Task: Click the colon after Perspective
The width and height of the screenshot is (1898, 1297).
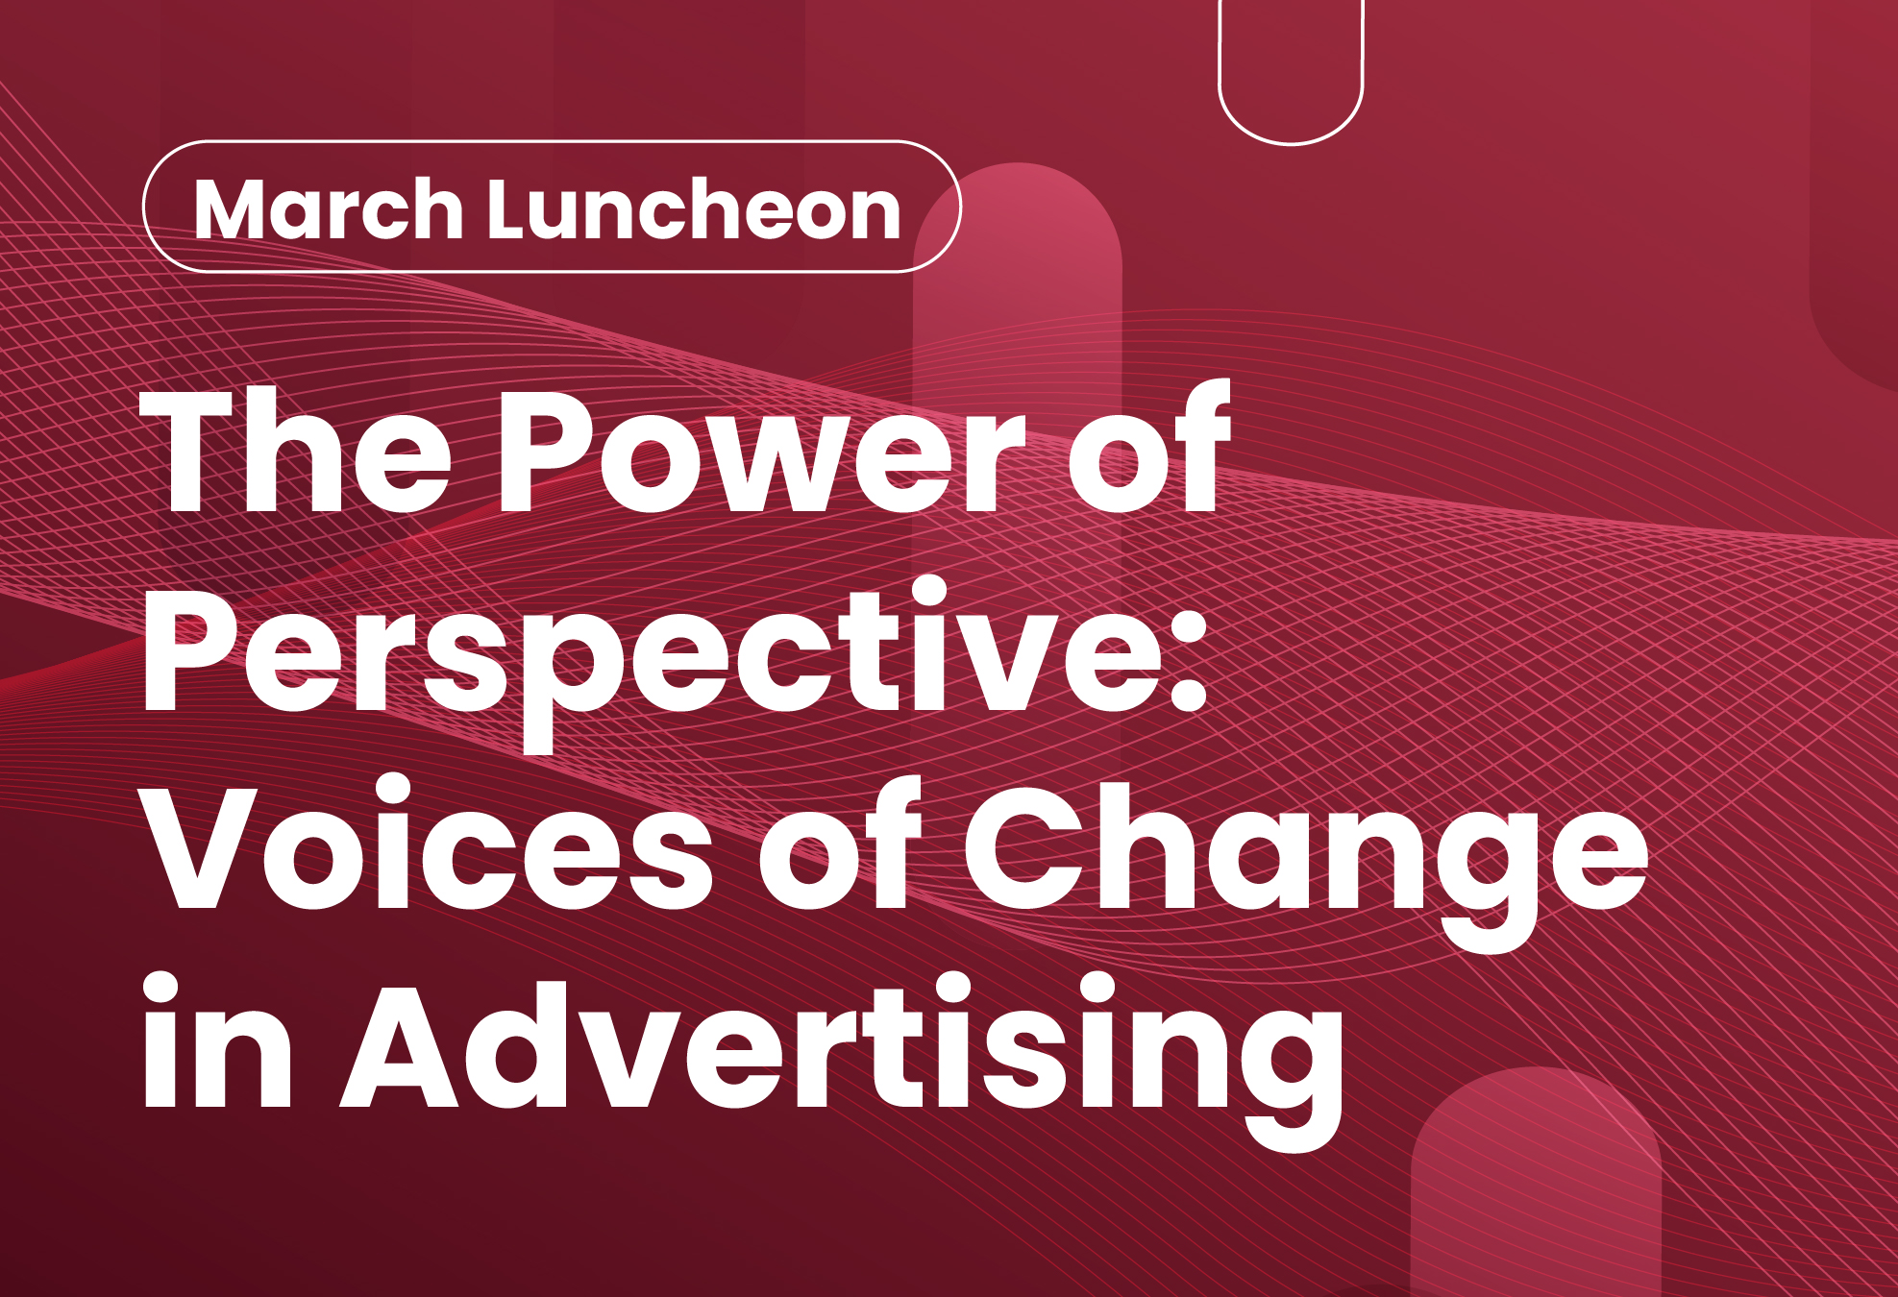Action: point(1189,653)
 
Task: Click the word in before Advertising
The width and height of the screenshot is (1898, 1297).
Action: point(216,1042)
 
